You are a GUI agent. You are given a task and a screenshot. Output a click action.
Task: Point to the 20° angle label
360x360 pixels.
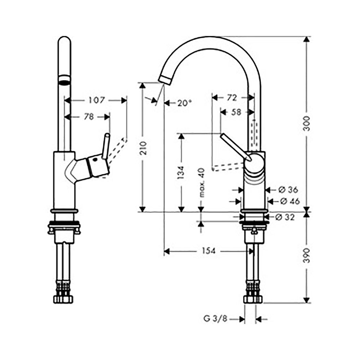[x=184, y=103]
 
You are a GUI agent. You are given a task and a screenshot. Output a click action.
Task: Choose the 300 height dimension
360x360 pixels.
[x=306, y=124]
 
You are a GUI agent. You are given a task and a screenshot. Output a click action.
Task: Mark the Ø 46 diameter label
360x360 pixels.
[x=289, y=201]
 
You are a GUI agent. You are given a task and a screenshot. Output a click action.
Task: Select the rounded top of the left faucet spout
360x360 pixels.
[x=64, y=40]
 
